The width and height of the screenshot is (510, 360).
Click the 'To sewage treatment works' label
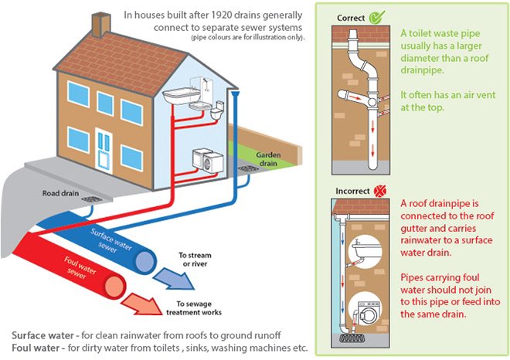pyautogui.click(x=199, y=308)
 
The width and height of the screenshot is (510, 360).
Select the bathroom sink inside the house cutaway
pyautogui.click(x=178, y=97)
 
